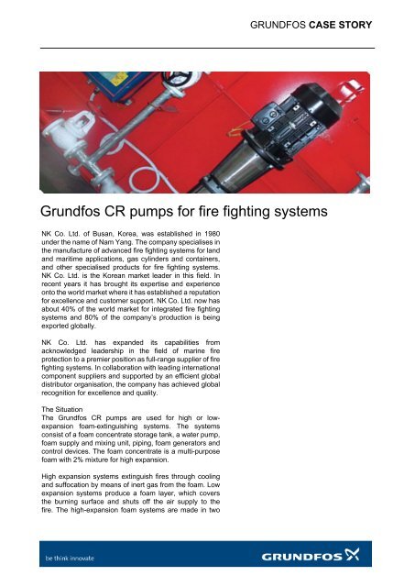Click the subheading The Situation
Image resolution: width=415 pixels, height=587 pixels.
(60, 407)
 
